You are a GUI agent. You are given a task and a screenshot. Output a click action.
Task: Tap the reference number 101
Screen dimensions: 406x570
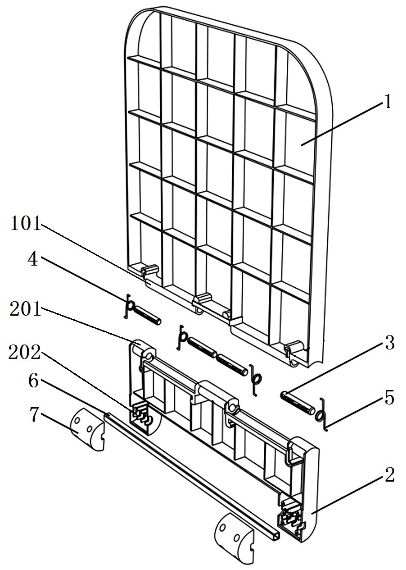pyautogui.click(x=26, y=223)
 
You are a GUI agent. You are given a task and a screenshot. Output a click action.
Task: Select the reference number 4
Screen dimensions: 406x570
pyautogui.click(x=33, y=260)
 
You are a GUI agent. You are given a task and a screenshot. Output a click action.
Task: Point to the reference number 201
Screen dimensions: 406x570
pyautogui.click(x=25, y=309)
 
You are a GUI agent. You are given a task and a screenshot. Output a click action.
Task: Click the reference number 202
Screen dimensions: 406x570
pyautogui.click(x=25, y=353)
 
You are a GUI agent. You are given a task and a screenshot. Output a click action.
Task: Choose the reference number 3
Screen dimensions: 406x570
pyautogui.click(x=388, y=342)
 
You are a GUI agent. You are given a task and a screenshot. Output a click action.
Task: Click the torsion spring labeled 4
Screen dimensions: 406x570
pyautogui.click(x=129, y=306)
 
